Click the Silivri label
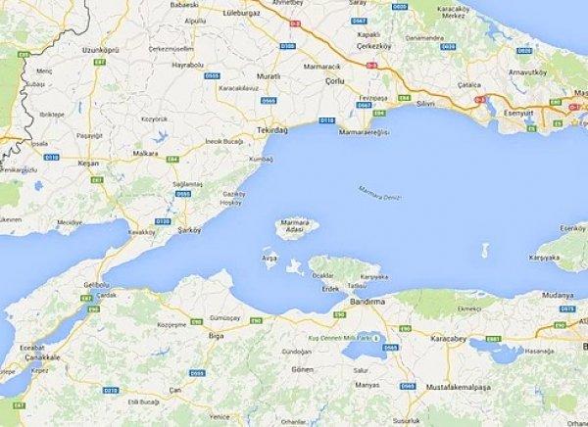[x=424, y=102]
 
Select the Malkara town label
[x=146, y=153]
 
